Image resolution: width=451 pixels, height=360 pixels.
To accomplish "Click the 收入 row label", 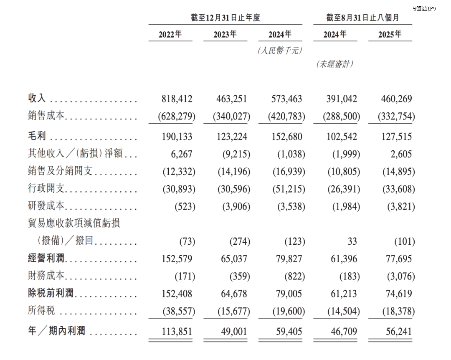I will pyautogui.click(x=37, y=99).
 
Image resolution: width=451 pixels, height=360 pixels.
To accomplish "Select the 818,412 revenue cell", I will pyautogui.click(x=177, y=99).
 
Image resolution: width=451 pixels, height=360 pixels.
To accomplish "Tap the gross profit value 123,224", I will pyautogui.click(x=232, y=137).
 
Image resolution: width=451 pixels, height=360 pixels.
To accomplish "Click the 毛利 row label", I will pyautogui.click(x=37, y=137).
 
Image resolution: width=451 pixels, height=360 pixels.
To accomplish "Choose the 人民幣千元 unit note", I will pyautogui.click(x=280, y=51).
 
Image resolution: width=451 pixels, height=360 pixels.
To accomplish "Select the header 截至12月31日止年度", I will pyautogui.click(x=225, y=18).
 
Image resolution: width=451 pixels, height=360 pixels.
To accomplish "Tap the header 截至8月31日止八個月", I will pyautogui.click(x=362, y=18).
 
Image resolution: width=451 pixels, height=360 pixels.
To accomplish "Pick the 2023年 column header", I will pyautogui.click(x=225, y=35).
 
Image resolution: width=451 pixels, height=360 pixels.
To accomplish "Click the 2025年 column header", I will pyautogui.click(x=390, y=35).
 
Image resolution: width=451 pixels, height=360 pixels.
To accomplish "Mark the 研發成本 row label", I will pyautogui.click(x=46, y=207).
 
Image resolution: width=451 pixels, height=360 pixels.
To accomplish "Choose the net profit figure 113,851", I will pyautogui.click(x=177, y=332).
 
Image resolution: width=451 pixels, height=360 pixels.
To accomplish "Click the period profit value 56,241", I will pyautogui.click(x=397, y=332).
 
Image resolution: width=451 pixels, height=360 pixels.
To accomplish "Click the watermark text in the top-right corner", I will pyautogui.click(x=424, y=8).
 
